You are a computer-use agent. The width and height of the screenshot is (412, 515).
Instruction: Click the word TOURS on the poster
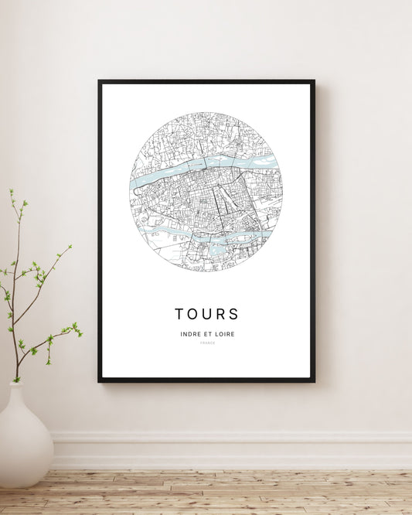(x=206, y=314)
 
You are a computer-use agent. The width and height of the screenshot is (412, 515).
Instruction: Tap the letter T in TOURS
(x=179, y=314)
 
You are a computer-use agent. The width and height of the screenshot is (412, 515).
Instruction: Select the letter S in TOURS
(x=233, y=314)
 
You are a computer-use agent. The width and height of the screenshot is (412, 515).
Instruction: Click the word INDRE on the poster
(x=189, y=334)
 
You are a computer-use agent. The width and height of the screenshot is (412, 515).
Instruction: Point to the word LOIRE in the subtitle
(x=225, y=334)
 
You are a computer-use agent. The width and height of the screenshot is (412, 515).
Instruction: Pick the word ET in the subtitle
(x=207, y=334)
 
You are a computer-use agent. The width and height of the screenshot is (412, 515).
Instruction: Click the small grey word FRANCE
(x=206, y=343)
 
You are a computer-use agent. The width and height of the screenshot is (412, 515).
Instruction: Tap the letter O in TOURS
(x=192, y=314)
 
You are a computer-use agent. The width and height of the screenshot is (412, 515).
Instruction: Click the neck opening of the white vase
(x=17, y=384)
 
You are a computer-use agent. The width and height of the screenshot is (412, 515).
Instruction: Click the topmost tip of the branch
(x=11, y=190)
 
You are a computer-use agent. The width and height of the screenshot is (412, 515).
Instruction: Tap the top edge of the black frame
(x=206, y=81)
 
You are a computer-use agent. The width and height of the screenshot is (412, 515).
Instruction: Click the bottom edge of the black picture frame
(x=206, y=380)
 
